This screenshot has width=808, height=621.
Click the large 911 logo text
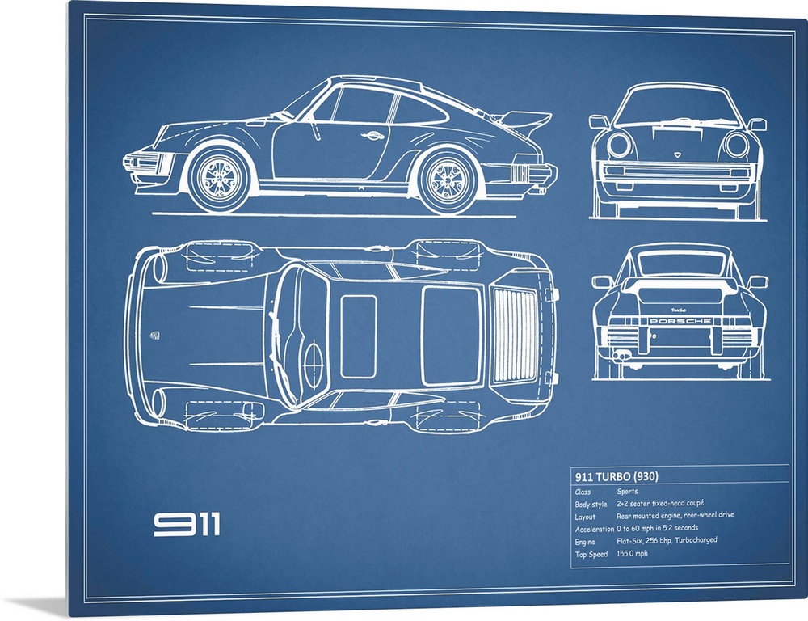coord(187,525)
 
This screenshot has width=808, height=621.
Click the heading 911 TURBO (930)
coord(617,476)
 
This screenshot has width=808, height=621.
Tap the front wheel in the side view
coord(220,177)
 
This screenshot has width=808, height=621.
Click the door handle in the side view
coord(372,136)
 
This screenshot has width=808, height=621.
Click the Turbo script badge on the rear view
coord(679,310)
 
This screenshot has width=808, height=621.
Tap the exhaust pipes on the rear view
coord(621,355)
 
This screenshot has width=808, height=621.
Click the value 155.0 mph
coord(633,553)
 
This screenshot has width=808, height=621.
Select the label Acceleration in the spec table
coord(595,529)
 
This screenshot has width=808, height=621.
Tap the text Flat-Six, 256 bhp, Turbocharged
coord(667,540)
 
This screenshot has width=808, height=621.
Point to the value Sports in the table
coord(627,491)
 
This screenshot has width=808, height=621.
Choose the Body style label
coord(591,505)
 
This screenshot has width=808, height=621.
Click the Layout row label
coord(585,517)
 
